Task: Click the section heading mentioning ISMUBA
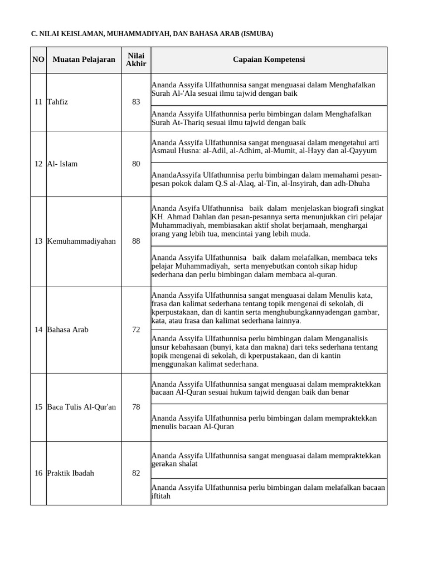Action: point(152,34)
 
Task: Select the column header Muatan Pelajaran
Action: point(84,60)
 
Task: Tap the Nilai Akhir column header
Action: point(136,60)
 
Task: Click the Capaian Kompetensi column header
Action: point(269,60)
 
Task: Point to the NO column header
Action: point(38,60)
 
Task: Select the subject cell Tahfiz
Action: point(58,102)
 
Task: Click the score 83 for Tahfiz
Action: point(136,102)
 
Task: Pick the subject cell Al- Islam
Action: point(62,164)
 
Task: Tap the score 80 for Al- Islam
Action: point(136,164)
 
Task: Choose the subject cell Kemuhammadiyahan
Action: point(81,241)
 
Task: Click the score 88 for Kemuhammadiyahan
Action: point(136,241)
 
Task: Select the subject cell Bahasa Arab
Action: point(68,330)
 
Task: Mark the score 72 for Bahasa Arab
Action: point(136,330)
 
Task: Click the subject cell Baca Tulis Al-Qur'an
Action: point(81,407)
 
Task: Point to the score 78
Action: point(136,407)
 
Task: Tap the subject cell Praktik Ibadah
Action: point(70,473)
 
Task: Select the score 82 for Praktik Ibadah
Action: point(136,473)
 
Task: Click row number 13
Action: point(38,241)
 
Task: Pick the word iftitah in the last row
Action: point(160,496)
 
